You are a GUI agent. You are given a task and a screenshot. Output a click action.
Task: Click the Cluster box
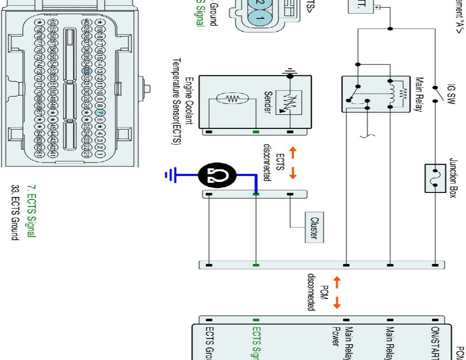click(x=315, y=226)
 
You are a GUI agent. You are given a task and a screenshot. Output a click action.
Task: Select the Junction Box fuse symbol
click(x=436, y=178)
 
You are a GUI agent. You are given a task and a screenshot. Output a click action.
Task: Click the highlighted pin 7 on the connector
click(x=99, y=112)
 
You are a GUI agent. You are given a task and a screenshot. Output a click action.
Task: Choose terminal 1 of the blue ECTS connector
click(x=259, y=18)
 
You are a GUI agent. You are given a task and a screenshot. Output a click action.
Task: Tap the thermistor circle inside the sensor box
click(x=232, y=99)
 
